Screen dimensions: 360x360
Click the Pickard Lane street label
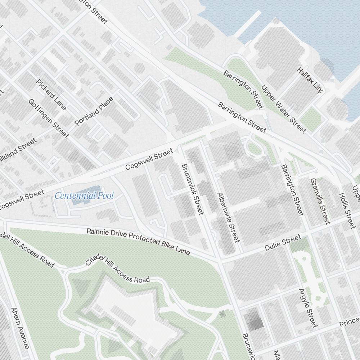51,94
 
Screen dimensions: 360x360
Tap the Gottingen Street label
49,118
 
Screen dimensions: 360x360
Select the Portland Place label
94,111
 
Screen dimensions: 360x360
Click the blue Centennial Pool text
84,196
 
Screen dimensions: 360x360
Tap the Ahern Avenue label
20,328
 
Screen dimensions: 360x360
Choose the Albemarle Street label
228,217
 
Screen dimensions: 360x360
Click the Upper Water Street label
284,108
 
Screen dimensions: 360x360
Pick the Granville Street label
320,201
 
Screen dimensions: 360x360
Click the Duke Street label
283,243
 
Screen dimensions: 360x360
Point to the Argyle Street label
309,308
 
